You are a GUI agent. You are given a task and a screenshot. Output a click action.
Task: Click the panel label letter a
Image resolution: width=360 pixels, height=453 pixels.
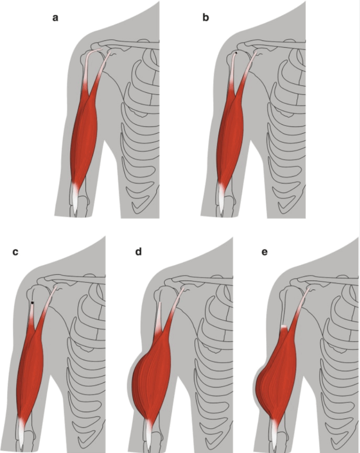55,18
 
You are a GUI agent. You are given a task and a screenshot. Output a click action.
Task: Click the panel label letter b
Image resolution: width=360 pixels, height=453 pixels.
206,17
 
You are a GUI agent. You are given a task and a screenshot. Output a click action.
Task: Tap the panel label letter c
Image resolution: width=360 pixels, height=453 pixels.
15,252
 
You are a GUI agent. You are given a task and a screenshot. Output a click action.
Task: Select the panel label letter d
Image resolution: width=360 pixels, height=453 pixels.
139,252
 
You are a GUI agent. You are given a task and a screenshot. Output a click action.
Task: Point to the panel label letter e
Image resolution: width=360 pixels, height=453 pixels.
265,252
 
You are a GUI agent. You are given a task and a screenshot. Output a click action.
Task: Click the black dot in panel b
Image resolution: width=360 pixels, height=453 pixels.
236,53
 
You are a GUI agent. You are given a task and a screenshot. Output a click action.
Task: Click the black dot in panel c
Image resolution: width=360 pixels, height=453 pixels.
32,303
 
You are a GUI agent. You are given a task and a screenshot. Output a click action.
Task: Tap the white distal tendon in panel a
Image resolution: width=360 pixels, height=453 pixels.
75,199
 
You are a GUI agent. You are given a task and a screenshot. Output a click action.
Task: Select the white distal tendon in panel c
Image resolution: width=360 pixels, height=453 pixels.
21,433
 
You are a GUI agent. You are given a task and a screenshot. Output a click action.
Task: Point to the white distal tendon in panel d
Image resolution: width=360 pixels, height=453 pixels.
149,433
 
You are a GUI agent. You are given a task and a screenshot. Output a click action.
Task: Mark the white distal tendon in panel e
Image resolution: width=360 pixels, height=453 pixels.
274,433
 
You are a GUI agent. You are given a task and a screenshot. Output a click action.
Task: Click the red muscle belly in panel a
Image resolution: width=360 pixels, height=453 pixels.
84,136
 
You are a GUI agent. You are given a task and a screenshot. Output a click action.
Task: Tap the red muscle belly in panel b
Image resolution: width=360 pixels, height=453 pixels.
230,136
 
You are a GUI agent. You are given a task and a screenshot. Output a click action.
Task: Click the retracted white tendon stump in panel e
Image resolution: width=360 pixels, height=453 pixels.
284,327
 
